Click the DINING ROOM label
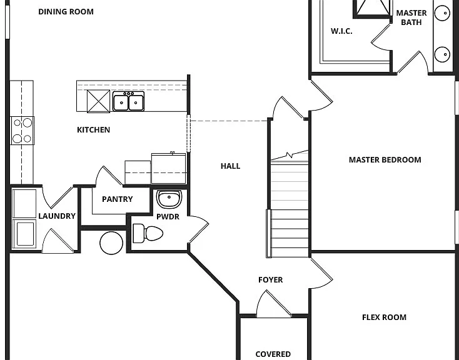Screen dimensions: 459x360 tap(66, 12)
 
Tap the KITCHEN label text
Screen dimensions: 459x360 tap(93, 129)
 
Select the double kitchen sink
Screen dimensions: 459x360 tap(129, 101)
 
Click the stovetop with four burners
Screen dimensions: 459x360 tap(23, 131)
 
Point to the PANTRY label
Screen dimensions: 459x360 tap(117, 199)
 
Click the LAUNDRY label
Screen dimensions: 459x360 tap(57, 216)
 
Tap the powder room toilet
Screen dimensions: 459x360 tap(148, 233)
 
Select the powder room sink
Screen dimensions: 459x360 tap(169, 199)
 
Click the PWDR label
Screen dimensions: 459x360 tap(168, 217)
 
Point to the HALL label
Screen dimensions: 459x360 tap(230, 166)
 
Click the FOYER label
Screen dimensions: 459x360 tap(271, 280)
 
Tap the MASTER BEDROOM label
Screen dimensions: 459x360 tap(385, 160)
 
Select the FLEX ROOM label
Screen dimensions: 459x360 tap(384, 317)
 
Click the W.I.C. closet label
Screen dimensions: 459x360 tap(341, 31)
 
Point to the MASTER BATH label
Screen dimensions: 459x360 tap(411, 17)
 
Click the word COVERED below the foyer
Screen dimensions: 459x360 tap(273, 354)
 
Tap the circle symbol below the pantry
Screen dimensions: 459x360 tap(111, 243)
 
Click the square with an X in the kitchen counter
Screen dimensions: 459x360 tap(99, 101)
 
